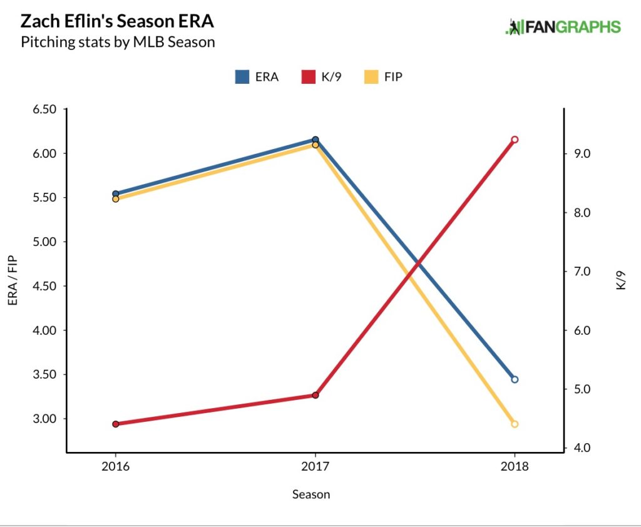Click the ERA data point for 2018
[x=515, y=379]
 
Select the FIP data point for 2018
[x=515, y=424]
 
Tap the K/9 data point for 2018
[x=515, y=140]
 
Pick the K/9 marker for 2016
[x=115, y=424]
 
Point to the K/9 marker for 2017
[x=315, y=395]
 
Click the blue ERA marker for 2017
[x=315, y=140]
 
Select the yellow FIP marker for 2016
[x=115, y=199]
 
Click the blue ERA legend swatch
[x=242, y=77]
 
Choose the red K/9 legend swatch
[x=307, y=77]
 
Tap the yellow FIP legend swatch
[x=371, y=77]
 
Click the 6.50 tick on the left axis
[x=44, y=109]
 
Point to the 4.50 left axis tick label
[x=44, y=286]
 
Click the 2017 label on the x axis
[x=315, y=467]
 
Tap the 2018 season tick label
[x=515, y=467]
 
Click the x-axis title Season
[x=311, y=494]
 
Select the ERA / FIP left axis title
[x=13, y=280]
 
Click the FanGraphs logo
[x=563, y=27]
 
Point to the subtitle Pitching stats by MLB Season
[x=118, y=43]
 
